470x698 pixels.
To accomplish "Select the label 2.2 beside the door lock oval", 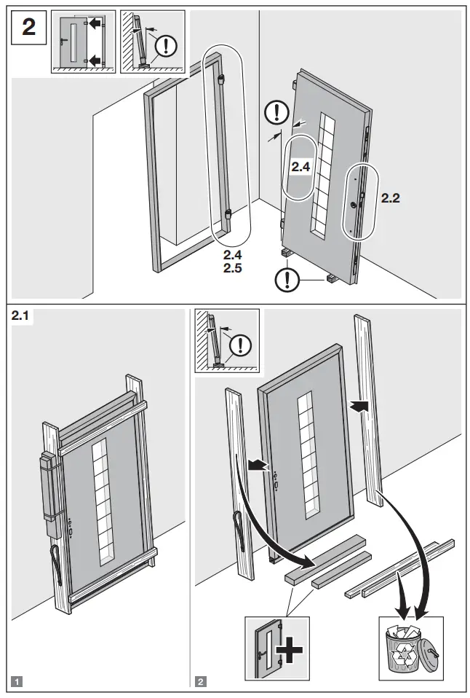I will tap(390, 197).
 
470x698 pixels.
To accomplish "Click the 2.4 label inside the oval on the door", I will tap(301, 167).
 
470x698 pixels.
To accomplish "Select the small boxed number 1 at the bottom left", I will tap(17, 683).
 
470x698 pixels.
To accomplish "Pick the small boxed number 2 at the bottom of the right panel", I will tap(200, 683).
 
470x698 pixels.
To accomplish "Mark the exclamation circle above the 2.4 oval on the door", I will tap(276, 112).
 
